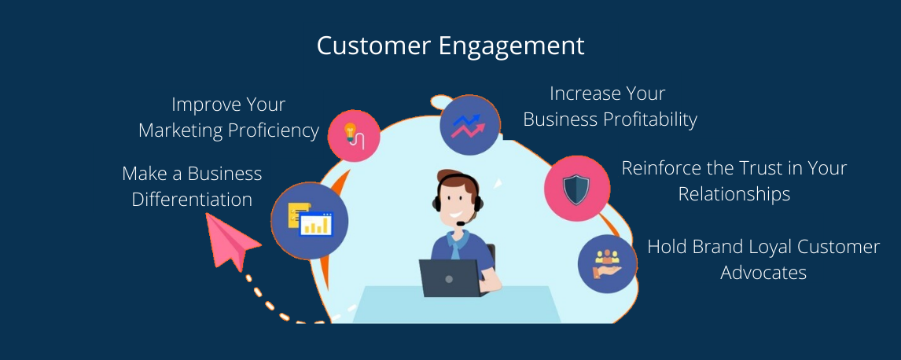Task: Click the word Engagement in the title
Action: (x=511, y=46)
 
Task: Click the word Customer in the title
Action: (x=373, y=46)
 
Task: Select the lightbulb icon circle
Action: (x=354, y=135)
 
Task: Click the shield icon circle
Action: (x=577, y=189)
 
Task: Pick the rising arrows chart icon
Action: (x=469, y=125)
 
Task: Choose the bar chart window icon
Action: (x=310, y=221)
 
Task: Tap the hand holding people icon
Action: (x=608, y=263)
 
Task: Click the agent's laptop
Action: (x=450, y=278)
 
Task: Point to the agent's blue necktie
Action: (x=457, y=247)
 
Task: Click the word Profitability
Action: (x=650, y=119)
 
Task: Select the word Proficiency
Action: (x=273, y=131)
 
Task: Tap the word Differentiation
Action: (x=192, y=199)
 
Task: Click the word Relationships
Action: (x=734, y=194)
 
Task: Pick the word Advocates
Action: (x=763, y=272)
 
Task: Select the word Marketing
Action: (x=180, y=131)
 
